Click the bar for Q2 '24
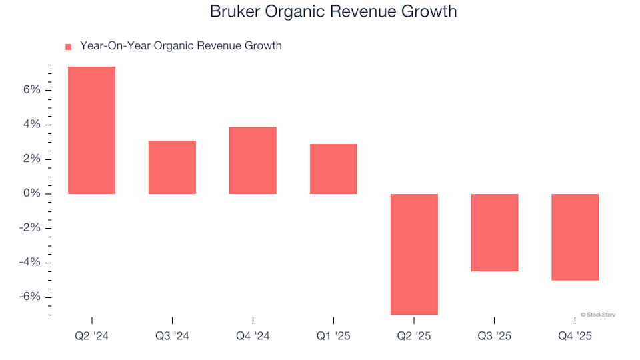tap(92, 130)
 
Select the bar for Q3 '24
tap(172, 167)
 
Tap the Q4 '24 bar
tap(253, 160)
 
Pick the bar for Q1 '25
tap(333, 169)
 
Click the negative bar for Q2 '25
tap(414, 253)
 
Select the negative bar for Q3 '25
tap(495, 232)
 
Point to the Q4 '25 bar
tap(575, 237)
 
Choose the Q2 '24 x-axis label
tap(92, 336)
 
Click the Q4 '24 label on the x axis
tap(253, 336)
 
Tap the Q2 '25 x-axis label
tap(414, 336)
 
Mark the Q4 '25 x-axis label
tap(575, 336)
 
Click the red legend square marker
tap(68, 47)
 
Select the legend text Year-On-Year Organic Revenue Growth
tap(181, 46)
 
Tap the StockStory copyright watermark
tap(598, 314)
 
